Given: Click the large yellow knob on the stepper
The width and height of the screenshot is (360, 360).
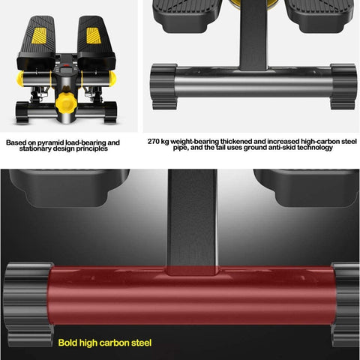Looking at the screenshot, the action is (66, 103).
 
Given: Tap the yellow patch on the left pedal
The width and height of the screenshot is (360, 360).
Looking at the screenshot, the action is (39, 35).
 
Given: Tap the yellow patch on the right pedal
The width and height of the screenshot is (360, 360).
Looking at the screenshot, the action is (94, 35).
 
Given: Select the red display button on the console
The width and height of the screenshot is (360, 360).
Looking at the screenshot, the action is (66, 66).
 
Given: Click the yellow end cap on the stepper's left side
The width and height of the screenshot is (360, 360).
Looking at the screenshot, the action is (20, 78).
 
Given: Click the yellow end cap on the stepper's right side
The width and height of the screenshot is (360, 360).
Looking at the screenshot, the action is (112, 78).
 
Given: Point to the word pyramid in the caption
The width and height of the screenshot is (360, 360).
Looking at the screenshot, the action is (51, 142).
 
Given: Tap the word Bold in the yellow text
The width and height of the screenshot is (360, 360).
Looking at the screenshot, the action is (67, 343).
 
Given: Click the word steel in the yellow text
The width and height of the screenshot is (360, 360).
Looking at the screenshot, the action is (141, 343).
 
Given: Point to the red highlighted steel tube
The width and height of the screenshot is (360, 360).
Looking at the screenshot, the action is (192, 296).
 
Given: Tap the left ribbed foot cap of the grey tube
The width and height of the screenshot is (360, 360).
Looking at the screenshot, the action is (163, 86).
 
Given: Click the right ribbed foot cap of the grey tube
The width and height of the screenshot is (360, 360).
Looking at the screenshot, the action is (343, 86).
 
